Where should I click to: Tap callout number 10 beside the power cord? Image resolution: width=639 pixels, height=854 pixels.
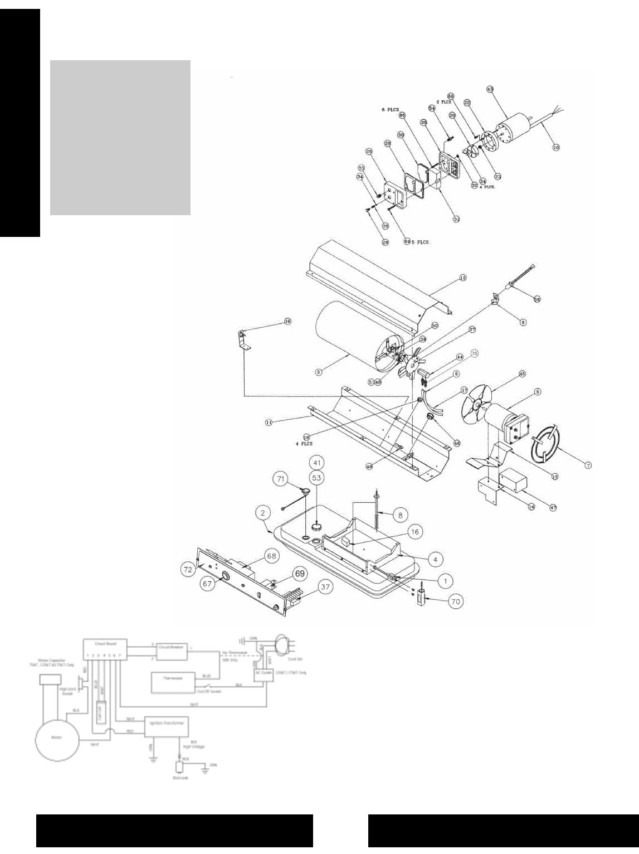point(555,147)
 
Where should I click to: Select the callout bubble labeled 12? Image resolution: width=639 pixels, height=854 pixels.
point(462,277)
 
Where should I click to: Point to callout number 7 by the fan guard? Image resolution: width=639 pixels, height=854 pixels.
point(588,464)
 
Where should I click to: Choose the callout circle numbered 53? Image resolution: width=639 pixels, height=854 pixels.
point(317,478)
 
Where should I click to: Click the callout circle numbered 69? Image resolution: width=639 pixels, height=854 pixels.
point(300,572)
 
